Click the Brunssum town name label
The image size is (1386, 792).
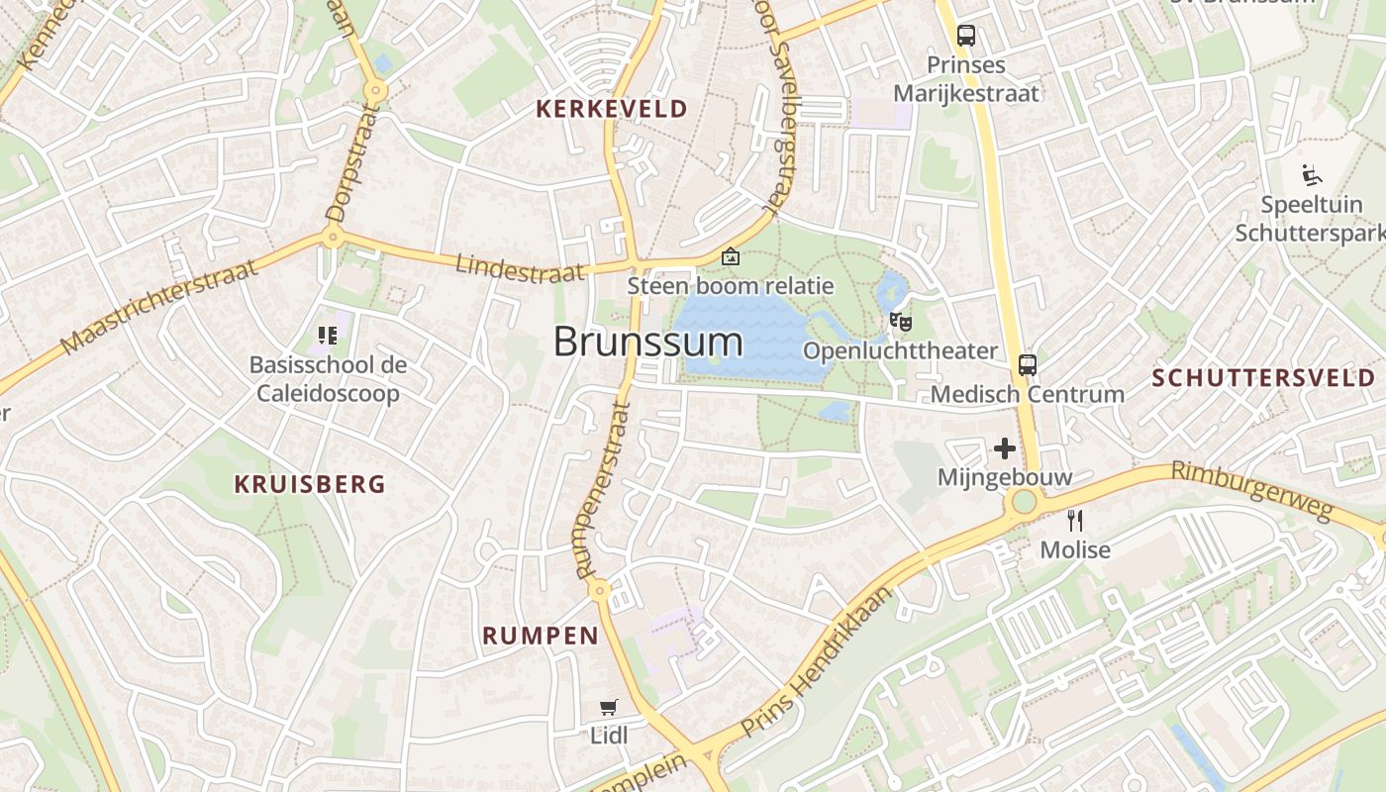[647, 342]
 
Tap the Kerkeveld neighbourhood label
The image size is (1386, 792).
[612, 109]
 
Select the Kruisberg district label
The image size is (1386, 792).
[309, 484]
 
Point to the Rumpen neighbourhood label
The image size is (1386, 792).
[541, 636]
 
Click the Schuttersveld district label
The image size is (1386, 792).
[1264, 377]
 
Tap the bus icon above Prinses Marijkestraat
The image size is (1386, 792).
[966, 37]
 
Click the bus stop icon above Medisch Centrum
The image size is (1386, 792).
[1028, 364]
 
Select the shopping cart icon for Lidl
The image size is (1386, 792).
[609, 707]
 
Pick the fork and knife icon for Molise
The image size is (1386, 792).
[1075, 520]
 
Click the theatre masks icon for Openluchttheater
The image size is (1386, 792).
[900, 321]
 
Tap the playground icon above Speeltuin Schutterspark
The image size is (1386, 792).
[1312, 176]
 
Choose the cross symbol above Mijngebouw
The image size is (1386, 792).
[1005, 448]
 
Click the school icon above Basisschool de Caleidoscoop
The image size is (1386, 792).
[328, 336]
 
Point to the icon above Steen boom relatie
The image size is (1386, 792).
[731, 257]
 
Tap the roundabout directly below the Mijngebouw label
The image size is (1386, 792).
[1024, 502]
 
